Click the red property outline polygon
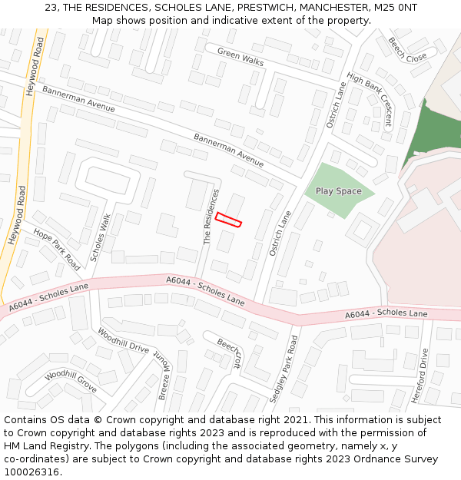[228, 220]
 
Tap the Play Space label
[338, 191]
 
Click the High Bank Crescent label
[370, 100]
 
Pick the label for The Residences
[211, 217]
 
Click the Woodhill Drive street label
[123, 340]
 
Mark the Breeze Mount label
[164, 379]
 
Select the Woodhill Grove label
[71, 382]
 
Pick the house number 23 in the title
[51, 7]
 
